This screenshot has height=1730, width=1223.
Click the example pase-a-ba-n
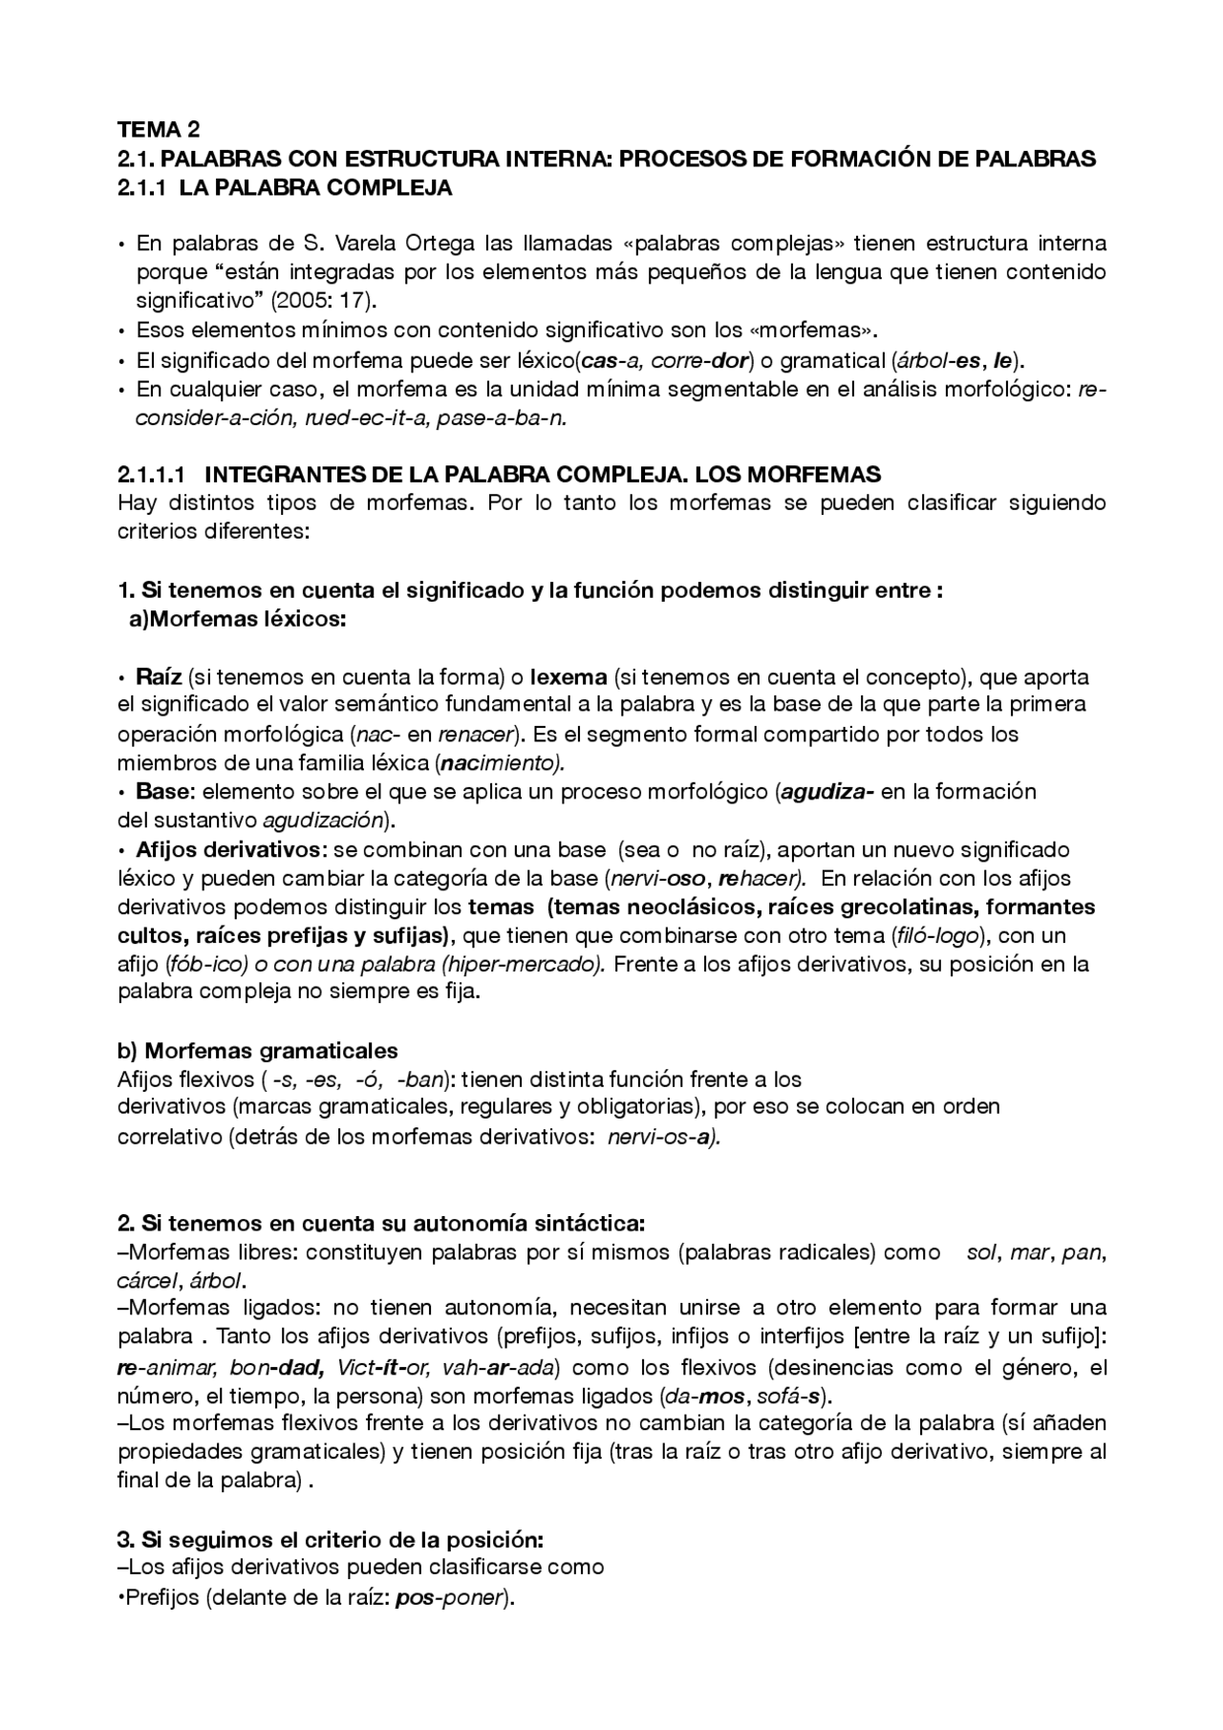pos(502,419)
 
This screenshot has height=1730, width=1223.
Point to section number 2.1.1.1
pos(155,475)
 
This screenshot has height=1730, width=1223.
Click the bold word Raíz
pos(159,677)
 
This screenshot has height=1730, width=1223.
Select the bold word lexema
pos(569,677)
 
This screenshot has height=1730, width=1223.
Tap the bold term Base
pos(164,791)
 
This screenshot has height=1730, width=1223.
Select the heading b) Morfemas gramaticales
pos(257,1051)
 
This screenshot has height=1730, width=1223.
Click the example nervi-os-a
pos(663,1137)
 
